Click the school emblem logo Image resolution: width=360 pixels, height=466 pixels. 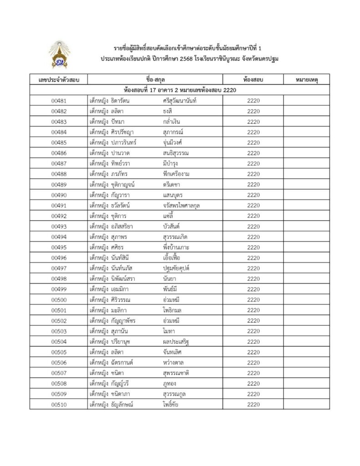point(59,54)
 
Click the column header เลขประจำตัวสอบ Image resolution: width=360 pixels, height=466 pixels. point(59,80)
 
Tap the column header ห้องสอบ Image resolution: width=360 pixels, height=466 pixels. point(254,80)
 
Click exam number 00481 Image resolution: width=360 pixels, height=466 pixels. point(59,101)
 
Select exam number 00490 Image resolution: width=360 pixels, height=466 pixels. point(59,195)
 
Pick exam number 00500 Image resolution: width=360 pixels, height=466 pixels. point(59,299)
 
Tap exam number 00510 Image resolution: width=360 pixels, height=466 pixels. point(59,405)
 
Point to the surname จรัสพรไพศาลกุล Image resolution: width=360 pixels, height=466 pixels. point(181,205)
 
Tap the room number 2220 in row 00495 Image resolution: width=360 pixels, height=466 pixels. point(254,247)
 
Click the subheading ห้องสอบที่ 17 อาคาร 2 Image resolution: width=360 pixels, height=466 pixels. point(150,90)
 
